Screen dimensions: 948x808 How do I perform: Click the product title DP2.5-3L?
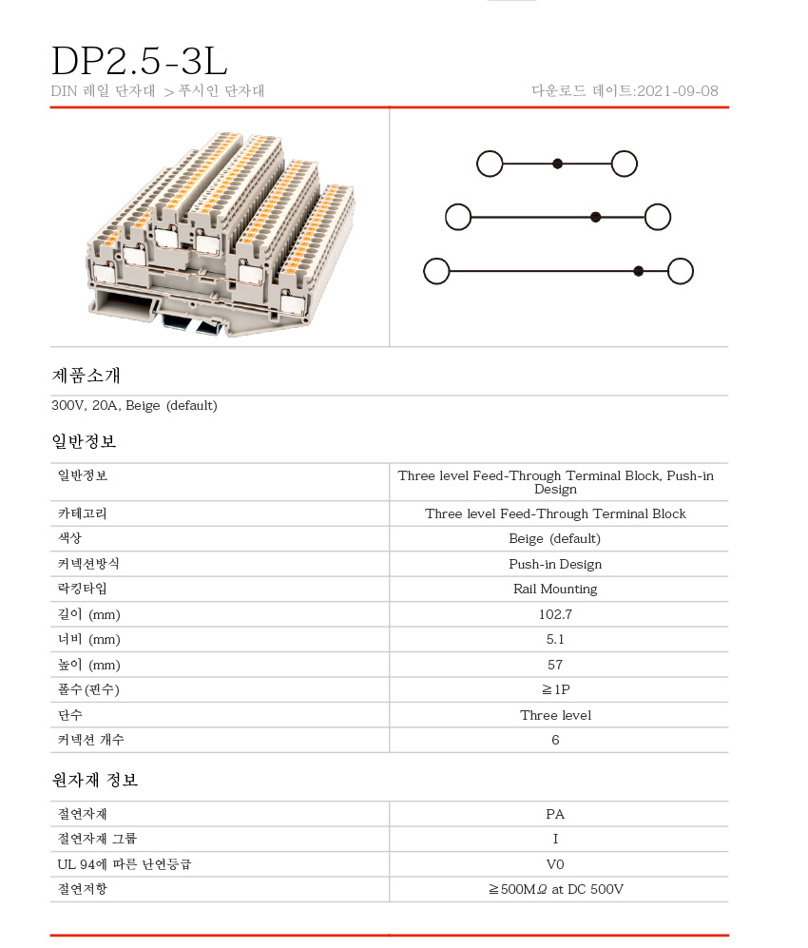click(139, 61)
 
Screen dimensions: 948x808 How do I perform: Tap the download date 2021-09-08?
click(677, 91)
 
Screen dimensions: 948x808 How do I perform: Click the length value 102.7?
click(555, 614)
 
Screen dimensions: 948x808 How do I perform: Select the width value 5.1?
click(555, 639)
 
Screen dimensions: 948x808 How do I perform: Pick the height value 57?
click(555, 665)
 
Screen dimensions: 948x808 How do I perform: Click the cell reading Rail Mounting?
click(555, 589)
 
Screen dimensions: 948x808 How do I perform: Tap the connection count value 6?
click(555, 740)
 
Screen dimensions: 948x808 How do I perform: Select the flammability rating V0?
click(555, 864)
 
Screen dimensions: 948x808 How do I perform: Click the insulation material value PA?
click(555, 814)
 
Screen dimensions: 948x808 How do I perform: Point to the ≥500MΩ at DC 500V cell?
click(555, 889)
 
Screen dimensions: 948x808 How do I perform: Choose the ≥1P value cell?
click(555, 689)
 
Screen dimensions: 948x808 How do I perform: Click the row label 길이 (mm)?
click(89, 614)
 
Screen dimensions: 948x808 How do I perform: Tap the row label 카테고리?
click(83, 513)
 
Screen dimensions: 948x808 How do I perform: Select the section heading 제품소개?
click(86, 376)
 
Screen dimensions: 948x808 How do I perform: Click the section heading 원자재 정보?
click(95, 781)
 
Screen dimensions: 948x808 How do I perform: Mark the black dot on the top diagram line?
click(558, 164)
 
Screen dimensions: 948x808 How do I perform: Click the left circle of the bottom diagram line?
click(436, 271)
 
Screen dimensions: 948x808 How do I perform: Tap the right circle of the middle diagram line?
click(658, 217)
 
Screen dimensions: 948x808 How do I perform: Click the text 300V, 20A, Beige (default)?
click(134, 406)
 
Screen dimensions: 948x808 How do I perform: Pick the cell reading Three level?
click(555, 715)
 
